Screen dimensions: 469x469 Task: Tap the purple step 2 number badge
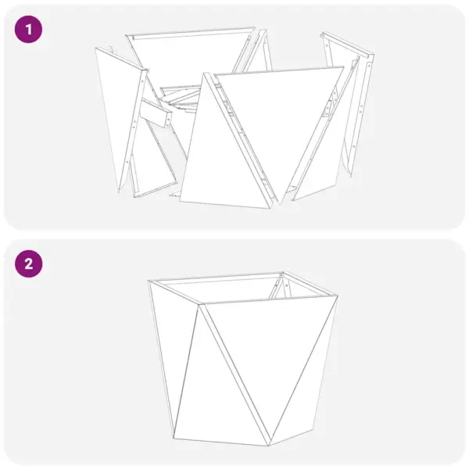click(x=29, y=263)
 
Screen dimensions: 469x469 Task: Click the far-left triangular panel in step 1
click(x=116, y=109)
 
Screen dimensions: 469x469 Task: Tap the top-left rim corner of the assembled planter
click(x=149, y=281)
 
